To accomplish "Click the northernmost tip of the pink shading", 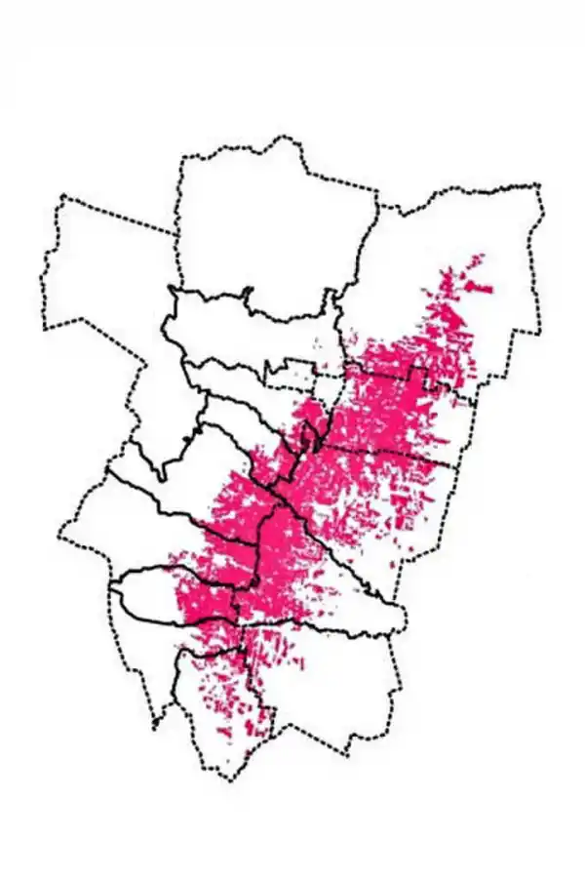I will pos(480,256).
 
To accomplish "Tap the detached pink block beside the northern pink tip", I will pos(479,288).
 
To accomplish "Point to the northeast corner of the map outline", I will pos(539,185).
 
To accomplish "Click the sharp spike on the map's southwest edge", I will pos(155,727).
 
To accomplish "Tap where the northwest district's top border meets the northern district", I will pos(176,233).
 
